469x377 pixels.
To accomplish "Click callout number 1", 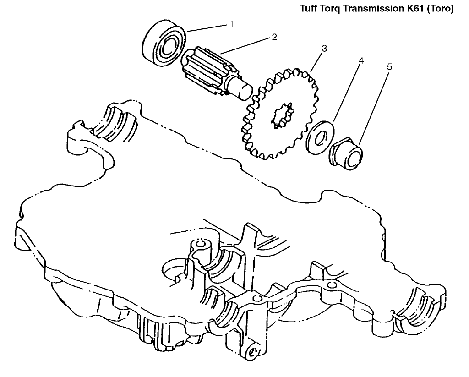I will [x=231, y=24].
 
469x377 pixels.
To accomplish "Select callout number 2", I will [x=274, y=37].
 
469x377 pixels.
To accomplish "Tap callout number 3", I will [x=324, y=48].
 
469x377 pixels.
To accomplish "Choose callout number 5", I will [x=389, y=67].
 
